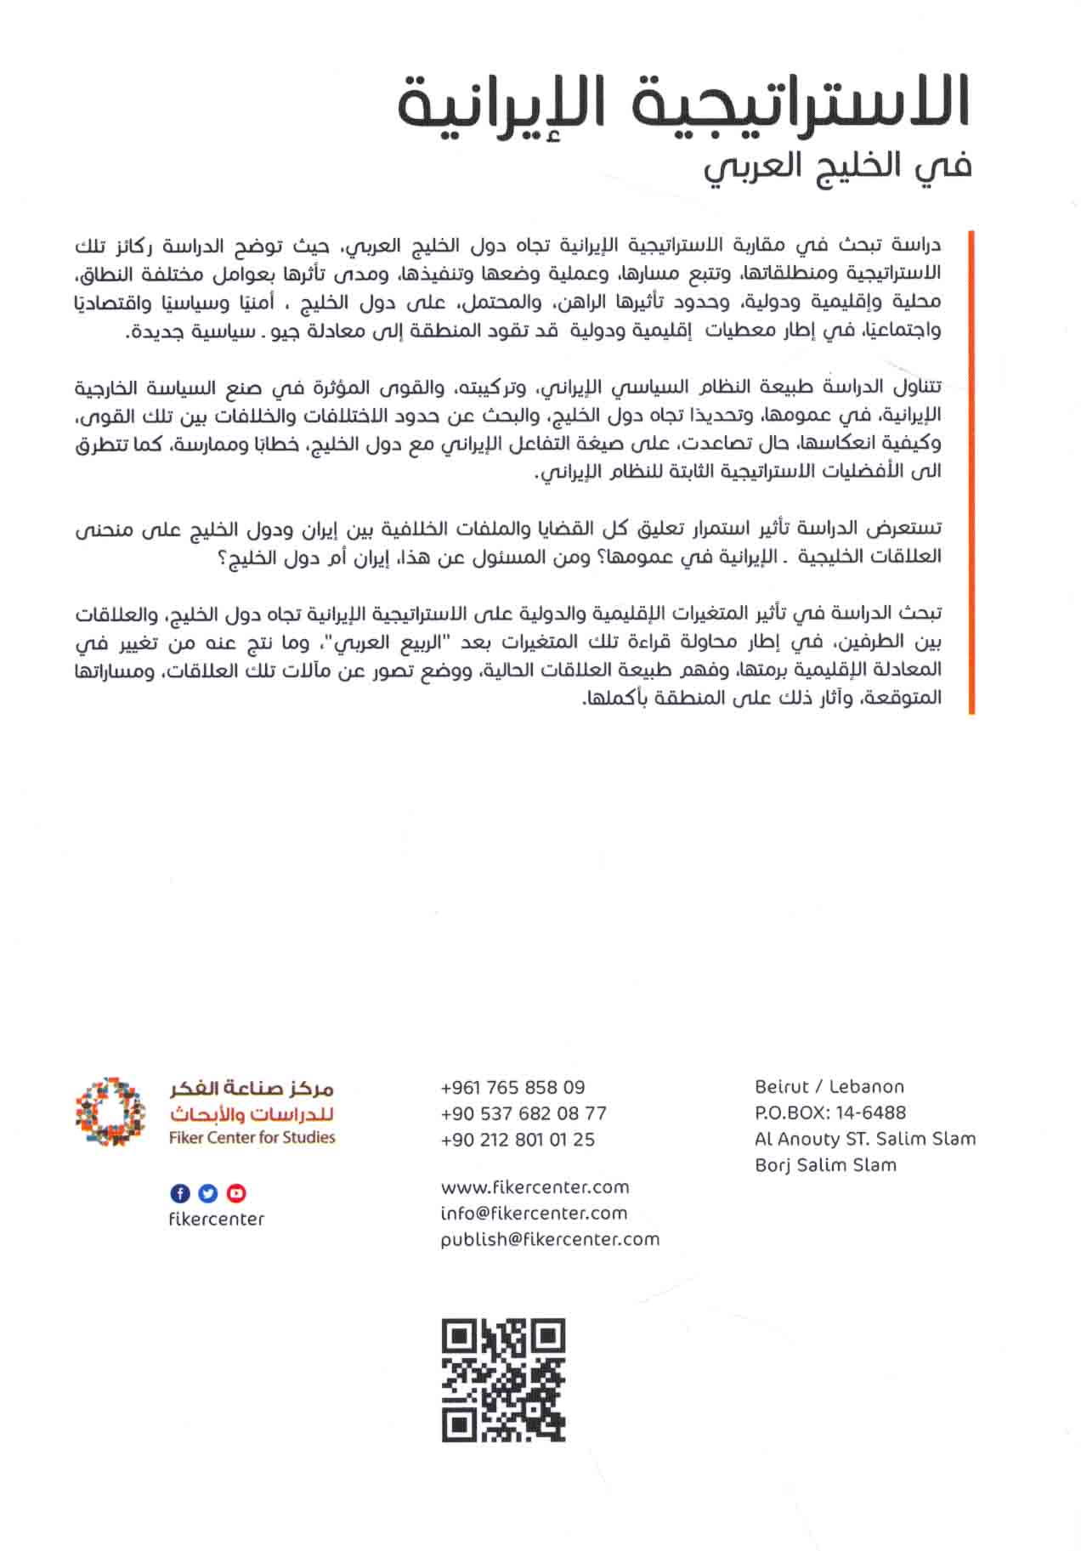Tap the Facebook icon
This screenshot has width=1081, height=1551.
point(180,1193)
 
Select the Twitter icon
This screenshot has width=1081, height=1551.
point(208,1193)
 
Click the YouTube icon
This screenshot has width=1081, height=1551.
point(236,1193)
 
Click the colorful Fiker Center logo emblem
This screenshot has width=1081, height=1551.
point(110,1112)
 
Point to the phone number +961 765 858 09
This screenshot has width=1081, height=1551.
point(512,1087)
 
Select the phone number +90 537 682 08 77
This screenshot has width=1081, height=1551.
point(524,1113)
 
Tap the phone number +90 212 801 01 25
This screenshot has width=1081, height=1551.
point(518,1140)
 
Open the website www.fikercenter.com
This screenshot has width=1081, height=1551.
point(535,1186)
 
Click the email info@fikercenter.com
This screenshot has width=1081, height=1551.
point(534,1213)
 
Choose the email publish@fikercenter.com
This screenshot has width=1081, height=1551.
point(550,1239)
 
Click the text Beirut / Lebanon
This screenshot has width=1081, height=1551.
point(829,1086)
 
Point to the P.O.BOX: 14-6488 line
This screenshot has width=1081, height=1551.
point(829,1112)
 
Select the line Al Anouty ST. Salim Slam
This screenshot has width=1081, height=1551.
point(864,1139)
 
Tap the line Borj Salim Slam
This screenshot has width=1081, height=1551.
point(824,1165)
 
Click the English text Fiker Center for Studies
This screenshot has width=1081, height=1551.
point(252,1137)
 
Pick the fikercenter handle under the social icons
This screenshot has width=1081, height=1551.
point(216,1219)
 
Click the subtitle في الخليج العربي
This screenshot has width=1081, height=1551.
point(836,165)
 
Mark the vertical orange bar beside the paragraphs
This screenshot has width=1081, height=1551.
point(971,471)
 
